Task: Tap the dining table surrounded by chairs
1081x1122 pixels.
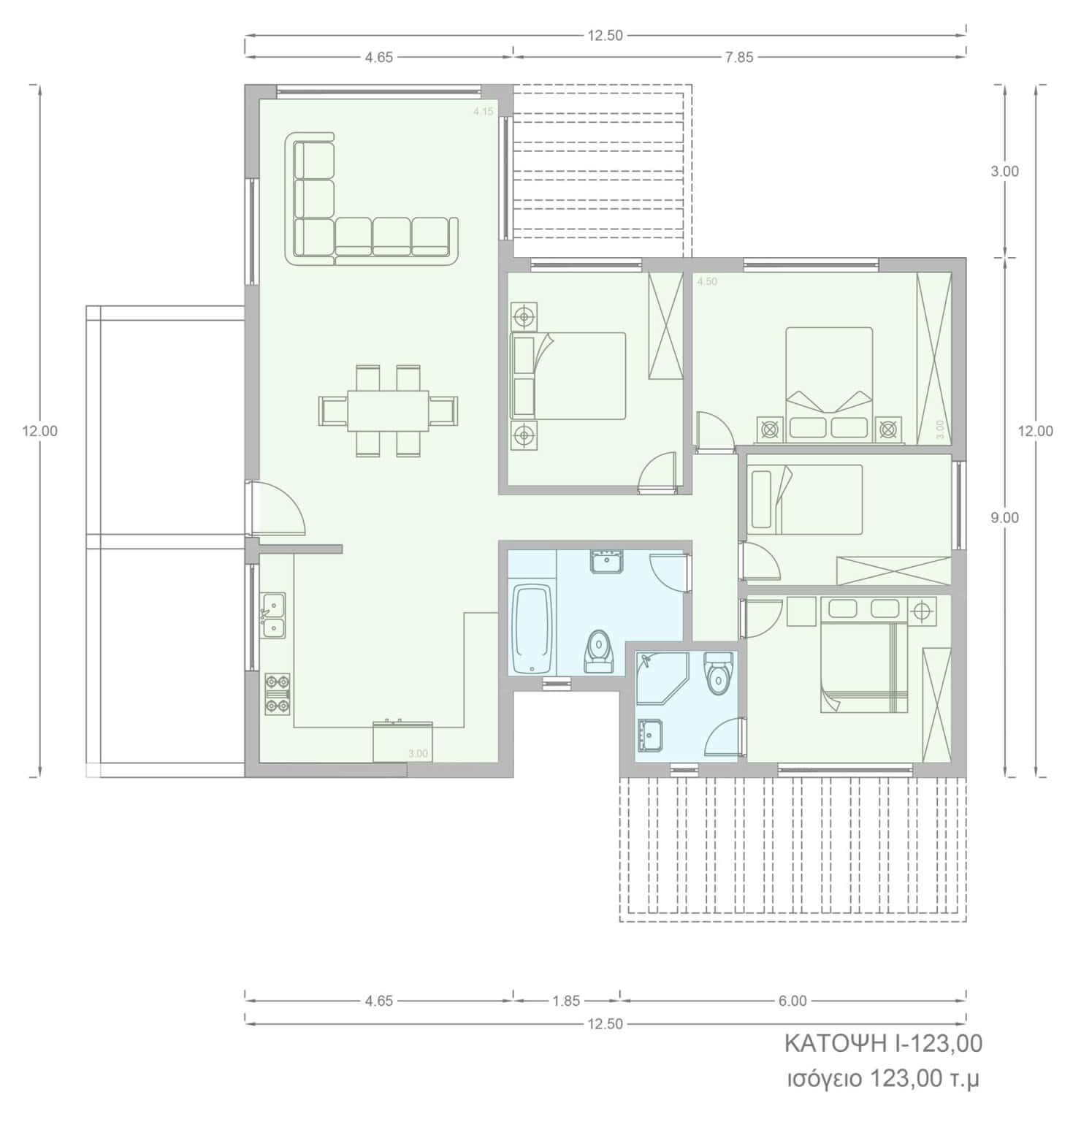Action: coord(388,411)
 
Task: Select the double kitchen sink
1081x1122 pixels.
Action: coord(274,616)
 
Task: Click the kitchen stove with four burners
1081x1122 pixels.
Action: coord(277,693)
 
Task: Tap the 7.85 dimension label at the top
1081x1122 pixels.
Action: coord(739,58)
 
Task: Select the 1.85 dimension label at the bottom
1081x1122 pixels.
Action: coord(567,1001)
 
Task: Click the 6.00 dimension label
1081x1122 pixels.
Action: coord(792,1001)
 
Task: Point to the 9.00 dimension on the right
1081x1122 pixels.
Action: coord(1005,518)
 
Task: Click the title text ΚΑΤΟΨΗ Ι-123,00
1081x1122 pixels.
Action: coord(883,1044)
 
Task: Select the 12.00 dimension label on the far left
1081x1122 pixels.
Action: coord(39,432)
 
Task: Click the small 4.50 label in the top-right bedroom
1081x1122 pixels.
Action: coord(707,281)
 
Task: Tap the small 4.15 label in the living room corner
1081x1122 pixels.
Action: coord(484,112)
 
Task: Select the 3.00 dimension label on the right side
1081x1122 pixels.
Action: coord(1005,172)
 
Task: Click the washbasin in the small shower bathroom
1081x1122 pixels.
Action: coord(650,733)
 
